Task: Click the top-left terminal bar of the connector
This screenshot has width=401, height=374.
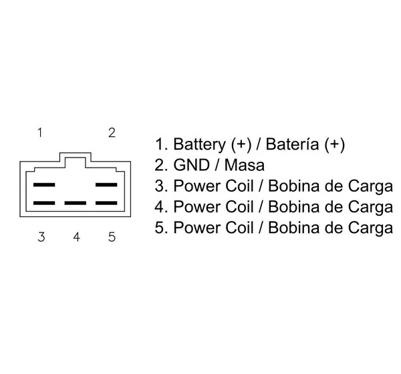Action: [x=44, y=184]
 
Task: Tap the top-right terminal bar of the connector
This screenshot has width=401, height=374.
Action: [x=106, y=184]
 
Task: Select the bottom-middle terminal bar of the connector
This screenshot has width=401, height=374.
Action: [x=75, y=203]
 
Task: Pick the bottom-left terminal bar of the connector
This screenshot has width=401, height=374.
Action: [x=44, y=203]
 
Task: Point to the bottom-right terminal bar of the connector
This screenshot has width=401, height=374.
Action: [x=106, y=203]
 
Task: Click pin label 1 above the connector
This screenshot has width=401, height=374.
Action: [x=40, y=133]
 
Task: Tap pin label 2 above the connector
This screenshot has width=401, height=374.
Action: [x=112, y=133]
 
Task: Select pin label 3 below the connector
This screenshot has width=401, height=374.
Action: [x=41, y=237]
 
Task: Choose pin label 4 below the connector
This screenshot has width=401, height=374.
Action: [x=76, y=237]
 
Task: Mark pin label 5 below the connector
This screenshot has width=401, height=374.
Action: [x=112, y=237]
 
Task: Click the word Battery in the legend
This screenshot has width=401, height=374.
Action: [x=199, y=144]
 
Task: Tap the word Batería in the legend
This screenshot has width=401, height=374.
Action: [x=292, y=144]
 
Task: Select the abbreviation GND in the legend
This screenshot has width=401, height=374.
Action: [x=192, y=165]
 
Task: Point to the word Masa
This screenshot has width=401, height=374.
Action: [x=244, y=165]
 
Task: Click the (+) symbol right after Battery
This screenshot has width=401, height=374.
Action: [x=241, y=145]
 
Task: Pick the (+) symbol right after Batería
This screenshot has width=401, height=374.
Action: [x=335, y=145]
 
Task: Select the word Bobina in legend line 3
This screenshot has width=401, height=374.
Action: [x=293, y=186]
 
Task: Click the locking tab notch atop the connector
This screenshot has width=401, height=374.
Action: [x=75, y=154]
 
